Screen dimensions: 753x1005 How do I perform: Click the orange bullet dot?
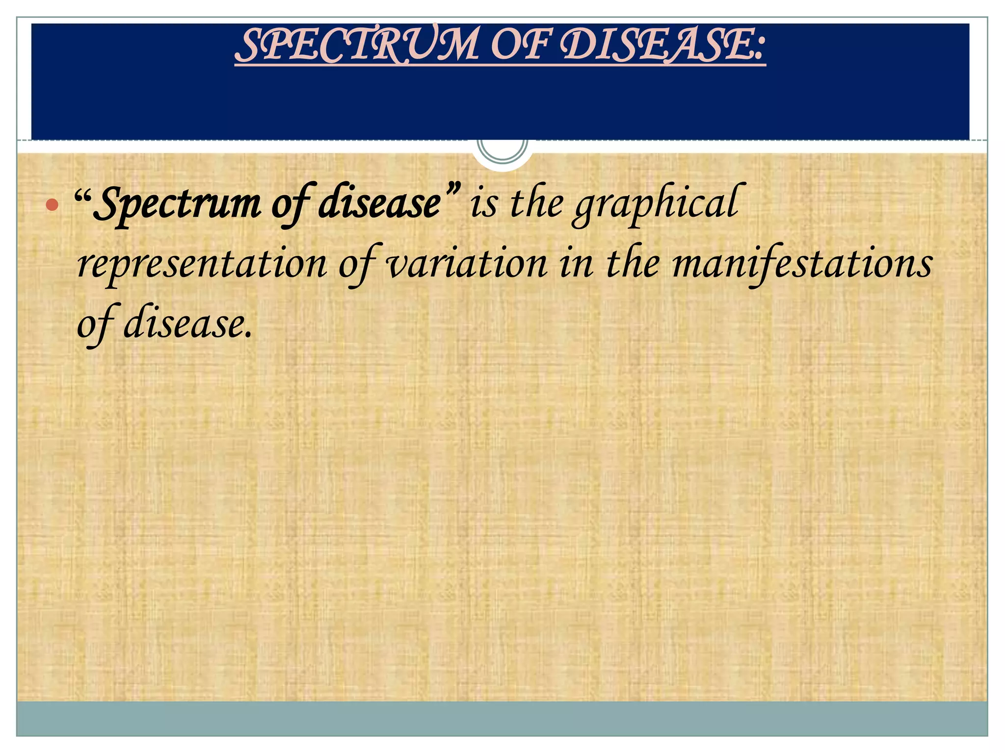point(52,204)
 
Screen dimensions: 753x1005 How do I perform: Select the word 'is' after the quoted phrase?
point(483,203)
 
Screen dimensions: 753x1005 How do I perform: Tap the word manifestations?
point(802,265)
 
